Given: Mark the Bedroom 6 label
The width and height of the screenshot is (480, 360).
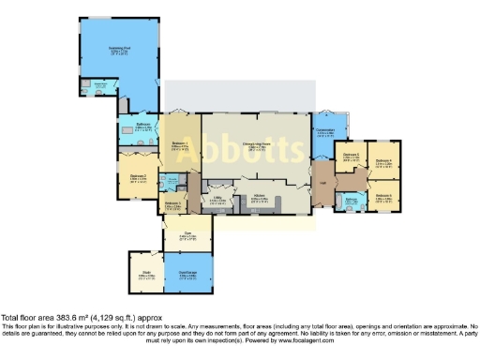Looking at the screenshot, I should (x=382, y=195).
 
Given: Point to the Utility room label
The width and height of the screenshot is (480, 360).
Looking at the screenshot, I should (x=217, y=199).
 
